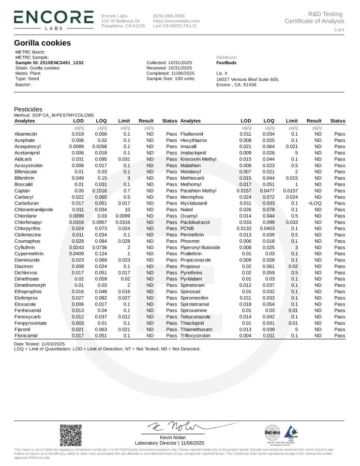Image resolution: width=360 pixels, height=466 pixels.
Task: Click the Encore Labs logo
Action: (x=54, y=18)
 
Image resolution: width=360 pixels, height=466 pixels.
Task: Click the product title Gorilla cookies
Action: (x=42, y=43)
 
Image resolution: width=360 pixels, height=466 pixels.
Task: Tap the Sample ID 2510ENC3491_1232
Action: (x=49, y=63)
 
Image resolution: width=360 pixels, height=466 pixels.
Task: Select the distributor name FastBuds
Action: (x=227, y=63)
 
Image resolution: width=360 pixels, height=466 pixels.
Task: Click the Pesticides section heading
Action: (x=28, y=110)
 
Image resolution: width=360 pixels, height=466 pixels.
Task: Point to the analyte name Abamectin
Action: (x=25, y=134)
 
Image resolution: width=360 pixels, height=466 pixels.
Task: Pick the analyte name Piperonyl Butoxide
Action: (x=200, y=247)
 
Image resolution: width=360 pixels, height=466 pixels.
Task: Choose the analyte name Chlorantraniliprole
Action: (x=34, y=209)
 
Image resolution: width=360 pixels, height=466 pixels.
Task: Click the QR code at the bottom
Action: (x=71, y=435)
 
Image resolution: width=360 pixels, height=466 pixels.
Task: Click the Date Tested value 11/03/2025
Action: (x=53, y=343)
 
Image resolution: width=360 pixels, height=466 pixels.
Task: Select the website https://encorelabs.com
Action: (x=176, y=21)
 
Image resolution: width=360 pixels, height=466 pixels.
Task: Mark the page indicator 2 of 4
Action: (x=339, y=31)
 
